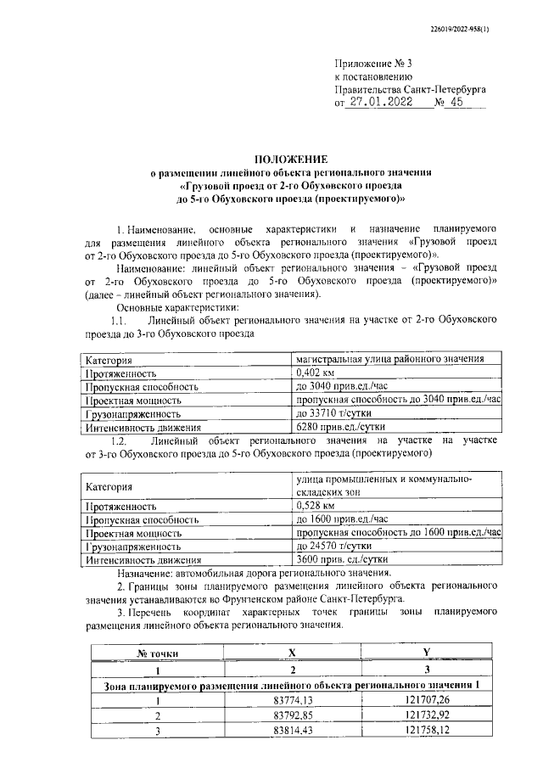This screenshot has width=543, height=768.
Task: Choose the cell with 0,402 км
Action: click(x=315, y=372)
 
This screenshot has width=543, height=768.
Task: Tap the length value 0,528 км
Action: click(x=315, y=504)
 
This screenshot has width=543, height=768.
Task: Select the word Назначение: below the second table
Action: click(x=145, y=573)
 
